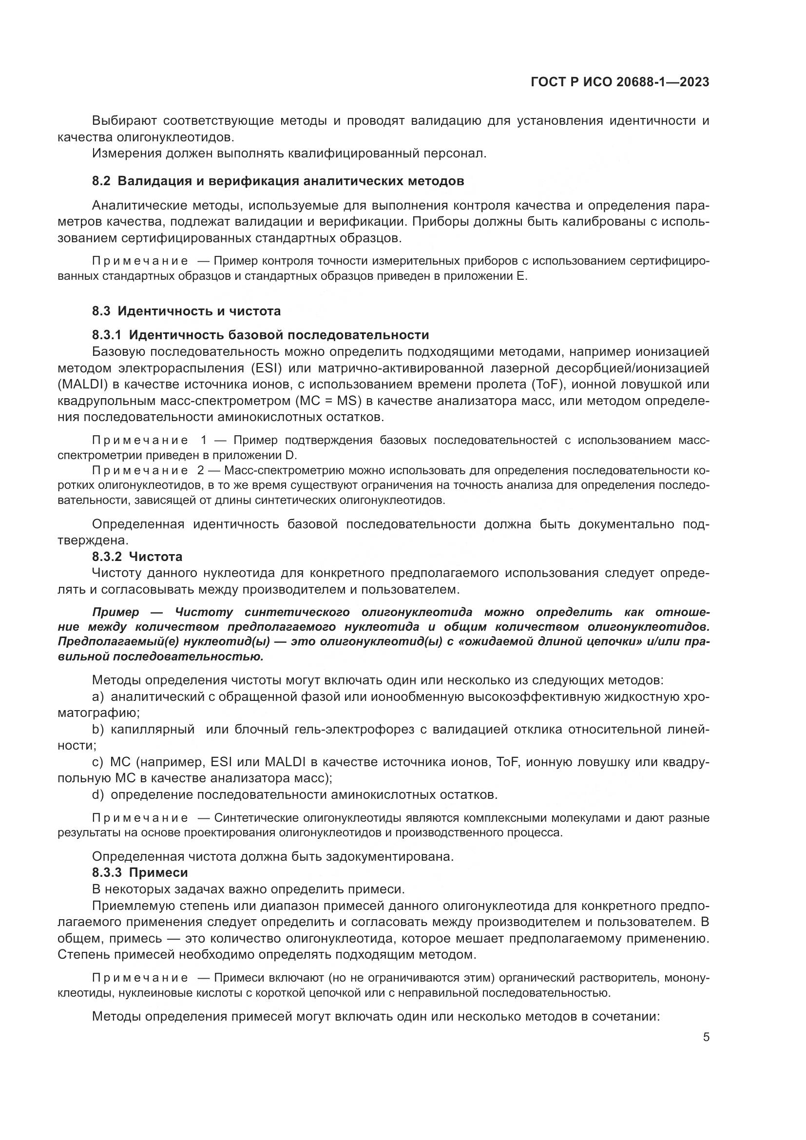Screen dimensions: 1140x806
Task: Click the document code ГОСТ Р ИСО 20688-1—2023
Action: (x=619, y=82)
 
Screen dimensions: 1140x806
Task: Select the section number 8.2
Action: (x=101, y=181)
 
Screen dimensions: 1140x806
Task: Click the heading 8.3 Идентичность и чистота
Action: (x=186, y=311)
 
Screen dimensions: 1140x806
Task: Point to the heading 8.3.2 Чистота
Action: (x=137, y=557)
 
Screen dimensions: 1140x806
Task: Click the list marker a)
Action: (x=98, y=697)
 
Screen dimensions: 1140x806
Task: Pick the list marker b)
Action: (x=98, y=730)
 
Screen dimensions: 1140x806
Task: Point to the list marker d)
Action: (x=98, y=795)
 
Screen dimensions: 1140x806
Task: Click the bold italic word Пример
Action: (x=115, y=612)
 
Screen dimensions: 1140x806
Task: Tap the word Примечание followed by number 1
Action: (x=140, y=441)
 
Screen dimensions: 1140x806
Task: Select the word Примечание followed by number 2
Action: (x=140, y=470)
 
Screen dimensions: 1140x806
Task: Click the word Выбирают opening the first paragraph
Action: (x=124, y=121)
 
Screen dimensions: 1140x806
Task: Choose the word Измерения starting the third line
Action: (x=126, y=154)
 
